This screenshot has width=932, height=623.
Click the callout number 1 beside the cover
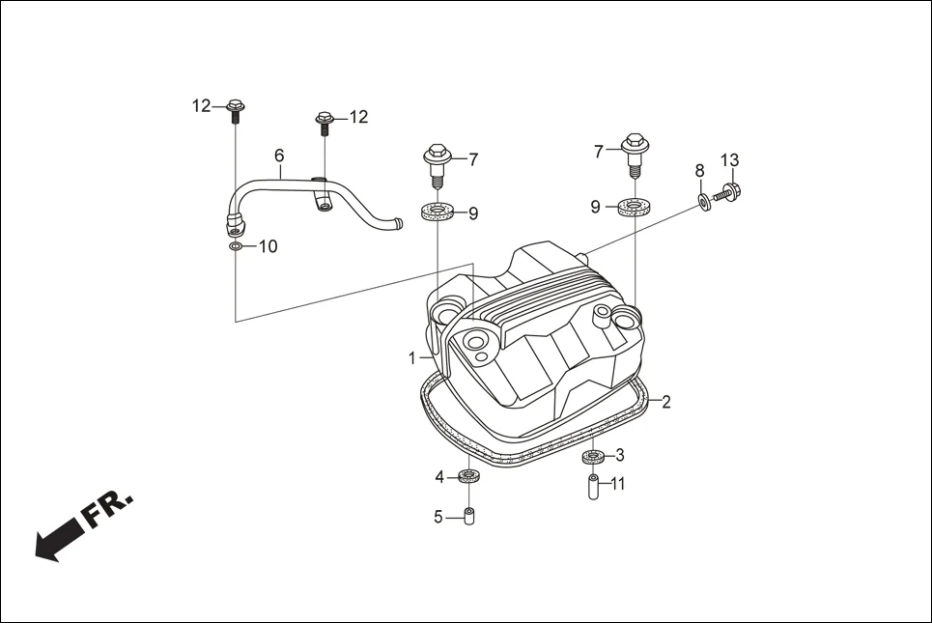coord(411,357)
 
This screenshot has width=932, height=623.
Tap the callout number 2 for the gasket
coord(665,403)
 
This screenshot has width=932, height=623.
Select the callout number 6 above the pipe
coord(279,156)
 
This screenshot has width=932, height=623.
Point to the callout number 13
coord(729,160)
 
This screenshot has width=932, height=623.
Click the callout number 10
coord(268,247)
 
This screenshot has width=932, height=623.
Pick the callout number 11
coord(618,484)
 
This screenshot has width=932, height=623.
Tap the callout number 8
coord(699,171)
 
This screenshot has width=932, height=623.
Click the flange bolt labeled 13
coord(730,192)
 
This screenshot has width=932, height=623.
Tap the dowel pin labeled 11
coord(593,485)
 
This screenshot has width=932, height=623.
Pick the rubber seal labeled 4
coord(470,476)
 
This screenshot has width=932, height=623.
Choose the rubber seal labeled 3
coord(593,456)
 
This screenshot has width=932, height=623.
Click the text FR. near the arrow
coord(108,510)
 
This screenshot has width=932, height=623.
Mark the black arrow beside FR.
coord(57,539)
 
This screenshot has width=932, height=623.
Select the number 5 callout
coord(438,518)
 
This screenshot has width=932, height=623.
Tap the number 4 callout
coord(438,477)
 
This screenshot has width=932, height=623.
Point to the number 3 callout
coord(620,455)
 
